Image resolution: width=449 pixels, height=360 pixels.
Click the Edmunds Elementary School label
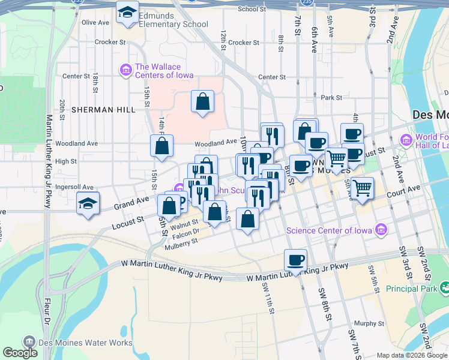(x=173, y=20)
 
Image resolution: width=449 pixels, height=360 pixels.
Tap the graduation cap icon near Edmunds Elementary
(x=127, y=13)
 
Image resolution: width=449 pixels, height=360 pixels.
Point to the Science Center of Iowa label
(x=328, y=230)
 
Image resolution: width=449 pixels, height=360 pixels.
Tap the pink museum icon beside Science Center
(x=381, y=229)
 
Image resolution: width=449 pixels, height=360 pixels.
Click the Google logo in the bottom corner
(x=20, y=352)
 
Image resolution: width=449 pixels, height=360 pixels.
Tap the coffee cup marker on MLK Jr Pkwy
(x=295, y=260)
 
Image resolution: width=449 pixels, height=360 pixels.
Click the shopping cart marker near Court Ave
(x=363, y=188)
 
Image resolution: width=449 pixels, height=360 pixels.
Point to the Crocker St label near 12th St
(x=243, y=43)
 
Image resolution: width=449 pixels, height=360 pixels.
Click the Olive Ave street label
(x=95, y=22)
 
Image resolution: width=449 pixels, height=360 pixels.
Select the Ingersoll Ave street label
(x=74, y=187)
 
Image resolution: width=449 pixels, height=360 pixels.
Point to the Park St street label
(x=331, y=97)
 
